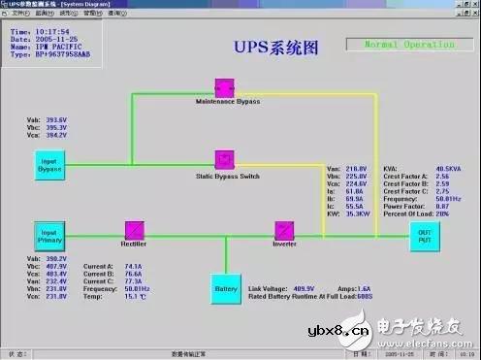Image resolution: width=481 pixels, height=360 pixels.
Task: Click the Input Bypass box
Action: pyautogui.click(x=49, y=164)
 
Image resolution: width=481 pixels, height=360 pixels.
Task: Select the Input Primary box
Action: pyautogui.click(x=49, y=237)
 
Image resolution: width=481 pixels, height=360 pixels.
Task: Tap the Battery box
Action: pyautogui.click(x=225, y=288)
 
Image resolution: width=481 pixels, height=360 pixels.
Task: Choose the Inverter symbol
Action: pyautogui.click(x=283, y=230)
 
